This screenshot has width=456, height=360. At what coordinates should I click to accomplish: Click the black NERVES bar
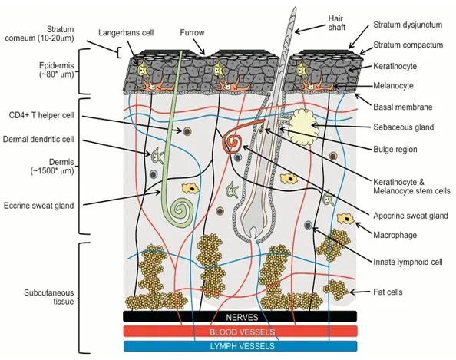coord(240,316)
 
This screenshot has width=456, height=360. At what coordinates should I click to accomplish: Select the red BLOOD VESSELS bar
coord(240,331)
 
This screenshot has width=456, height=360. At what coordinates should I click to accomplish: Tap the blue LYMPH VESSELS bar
coord(240,346)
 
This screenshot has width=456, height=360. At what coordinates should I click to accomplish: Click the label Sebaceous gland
coord(403,127)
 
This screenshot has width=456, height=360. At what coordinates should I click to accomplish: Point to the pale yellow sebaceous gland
coord(303,126)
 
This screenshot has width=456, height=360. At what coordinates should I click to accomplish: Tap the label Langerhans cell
coord(126,32)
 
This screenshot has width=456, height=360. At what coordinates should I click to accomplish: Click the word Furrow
coord(192,32)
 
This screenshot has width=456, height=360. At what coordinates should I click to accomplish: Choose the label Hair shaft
coord(337,23)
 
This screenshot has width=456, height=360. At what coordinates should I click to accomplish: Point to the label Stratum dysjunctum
coord(408,25)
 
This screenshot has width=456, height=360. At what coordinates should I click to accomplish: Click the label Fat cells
coord(388,292)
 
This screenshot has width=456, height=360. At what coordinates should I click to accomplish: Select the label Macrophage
coord(395,235)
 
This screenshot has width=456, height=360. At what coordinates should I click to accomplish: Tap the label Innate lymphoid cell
coord(408,262)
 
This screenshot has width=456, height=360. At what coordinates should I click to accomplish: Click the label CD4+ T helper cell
coord(41,115)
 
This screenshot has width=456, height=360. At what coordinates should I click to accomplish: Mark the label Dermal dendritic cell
coord(38,139)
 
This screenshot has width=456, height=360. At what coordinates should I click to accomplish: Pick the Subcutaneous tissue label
coord(49,297)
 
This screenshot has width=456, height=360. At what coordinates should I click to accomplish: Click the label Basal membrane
coord(403,107)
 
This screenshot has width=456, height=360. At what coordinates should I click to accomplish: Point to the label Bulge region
coord(395,149)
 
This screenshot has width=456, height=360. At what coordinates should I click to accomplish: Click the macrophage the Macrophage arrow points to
coord(345,219)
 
